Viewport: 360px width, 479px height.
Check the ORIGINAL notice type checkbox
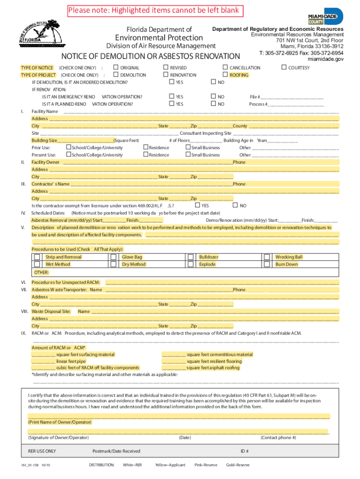116,68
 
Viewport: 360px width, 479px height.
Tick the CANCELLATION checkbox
225,68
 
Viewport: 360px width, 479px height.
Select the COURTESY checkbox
284,68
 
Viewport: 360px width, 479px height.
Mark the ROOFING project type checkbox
225,75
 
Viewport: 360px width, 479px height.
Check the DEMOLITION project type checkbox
116,75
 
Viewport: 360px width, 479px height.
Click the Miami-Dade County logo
325,17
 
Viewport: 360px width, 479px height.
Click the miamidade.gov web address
325,59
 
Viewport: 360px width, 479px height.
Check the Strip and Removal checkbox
37,257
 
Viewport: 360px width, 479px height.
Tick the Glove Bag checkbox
113,257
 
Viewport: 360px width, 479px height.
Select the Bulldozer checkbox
190,257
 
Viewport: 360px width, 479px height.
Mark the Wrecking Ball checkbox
267,257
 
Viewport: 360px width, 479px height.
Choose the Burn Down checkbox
267,264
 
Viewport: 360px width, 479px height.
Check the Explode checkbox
190,264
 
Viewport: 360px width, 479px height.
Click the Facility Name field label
45,111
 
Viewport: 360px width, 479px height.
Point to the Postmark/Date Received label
116,451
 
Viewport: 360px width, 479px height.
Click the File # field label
255,97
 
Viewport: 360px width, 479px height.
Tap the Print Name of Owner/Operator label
60,422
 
